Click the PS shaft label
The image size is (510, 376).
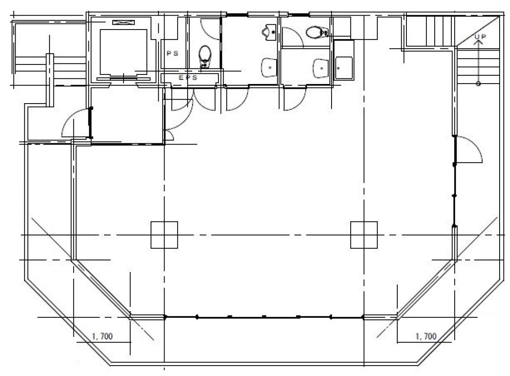pos(173,53)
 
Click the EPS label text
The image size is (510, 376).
pos(188,78)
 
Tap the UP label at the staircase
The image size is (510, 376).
pos(481,36)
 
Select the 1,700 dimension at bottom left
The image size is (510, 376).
pos(102,336)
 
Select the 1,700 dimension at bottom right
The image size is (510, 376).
pos(426,336)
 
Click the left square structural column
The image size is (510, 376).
pos(165,235)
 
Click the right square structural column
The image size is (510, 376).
pos(364,235)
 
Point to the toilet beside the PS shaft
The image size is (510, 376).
pos(205,56)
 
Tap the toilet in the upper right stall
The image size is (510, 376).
pos(317,33)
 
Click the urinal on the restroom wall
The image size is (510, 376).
pos(269,32)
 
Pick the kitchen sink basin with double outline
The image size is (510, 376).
pos(344,68)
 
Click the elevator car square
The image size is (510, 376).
pos(124,52)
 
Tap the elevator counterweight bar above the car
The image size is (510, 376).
pos(124,22)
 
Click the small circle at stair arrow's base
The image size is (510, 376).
pos(478,84)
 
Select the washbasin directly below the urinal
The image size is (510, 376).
pos(269,68)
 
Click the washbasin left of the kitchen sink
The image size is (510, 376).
pos(321,68)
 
